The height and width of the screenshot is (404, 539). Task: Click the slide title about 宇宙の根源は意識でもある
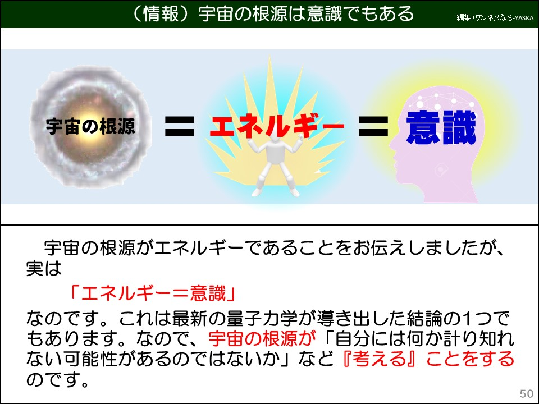tap(269, 13)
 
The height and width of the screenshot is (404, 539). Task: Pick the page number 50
tap(527, 392)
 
